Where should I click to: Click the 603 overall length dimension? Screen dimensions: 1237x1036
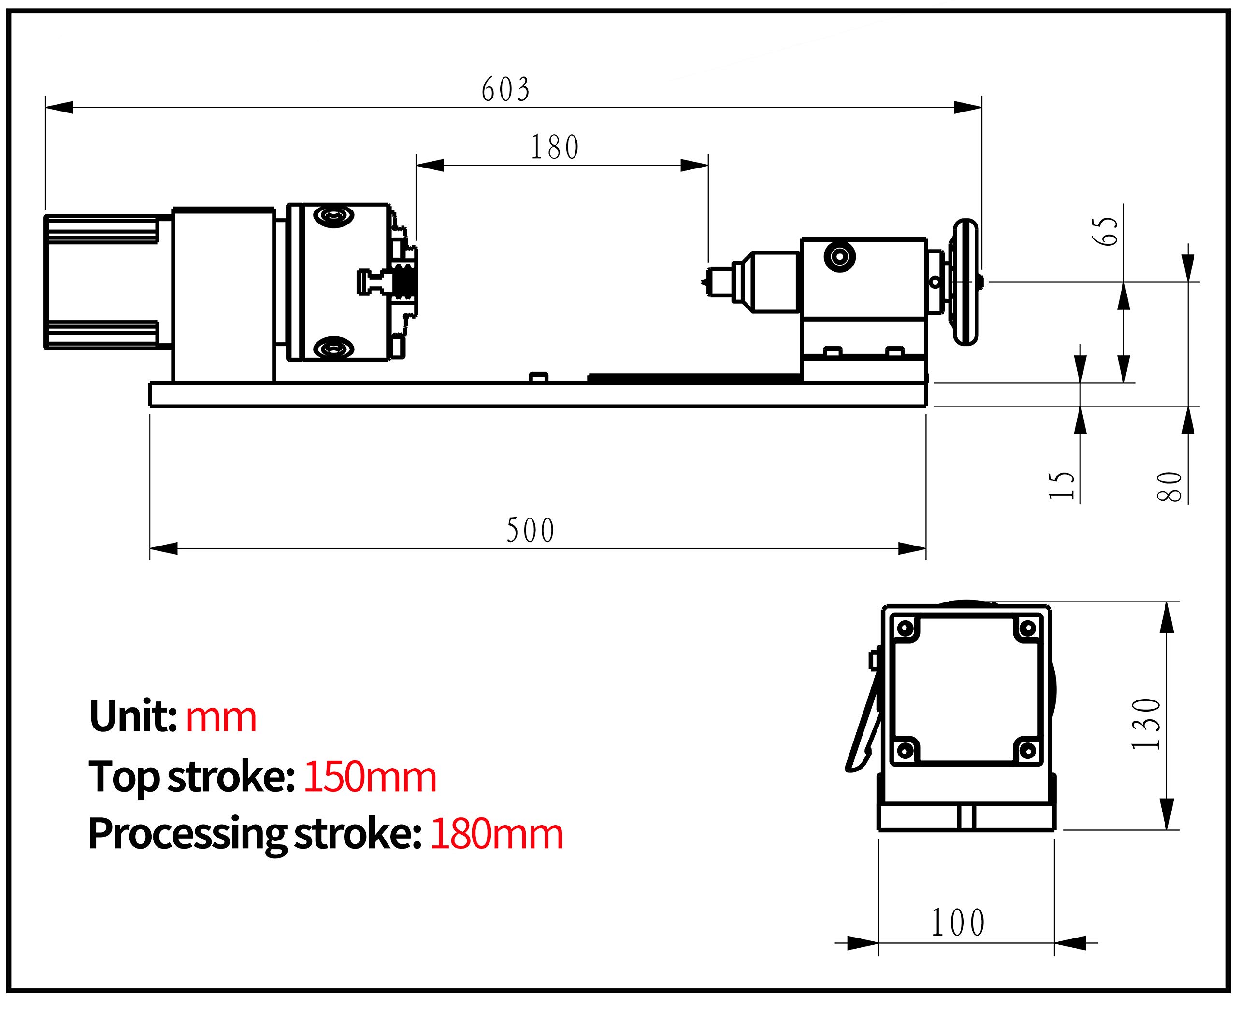505,89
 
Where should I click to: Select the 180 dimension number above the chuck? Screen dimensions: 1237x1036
555,147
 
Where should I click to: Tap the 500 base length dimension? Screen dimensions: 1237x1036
530,531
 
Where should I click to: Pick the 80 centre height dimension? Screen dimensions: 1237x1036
1170,486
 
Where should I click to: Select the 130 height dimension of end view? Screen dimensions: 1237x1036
1146,724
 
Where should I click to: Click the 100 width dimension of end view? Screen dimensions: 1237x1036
958,923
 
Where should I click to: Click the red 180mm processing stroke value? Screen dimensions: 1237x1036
497,834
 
